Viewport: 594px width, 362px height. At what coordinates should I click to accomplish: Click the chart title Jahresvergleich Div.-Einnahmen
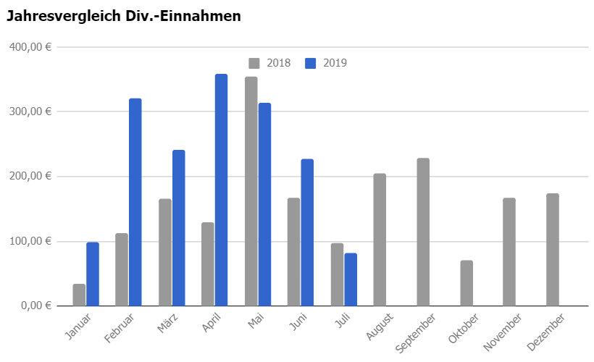pyautogui.click(x=124, y=16)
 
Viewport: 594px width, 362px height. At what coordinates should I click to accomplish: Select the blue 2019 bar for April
pyautogui.click(x=221, y=190)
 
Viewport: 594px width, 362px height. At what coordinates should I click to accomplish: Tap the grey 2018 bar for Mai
pyautogui.click(x=251, y=191)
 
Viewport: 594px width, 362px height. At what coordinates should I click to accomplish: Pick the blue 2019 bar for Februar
pyautogui.click(x=135, y=202)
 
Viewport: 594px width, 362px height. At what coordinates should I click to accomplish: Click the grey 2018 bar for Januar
pyautogui.click(x=79, y=295)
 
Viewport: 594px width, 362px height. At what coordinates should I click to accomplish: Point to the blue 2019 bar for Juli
pyautogui.click(x=351, y=279)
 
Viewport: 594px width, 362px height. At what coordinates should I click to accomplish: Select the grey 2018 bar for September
pyautogui.click(x=423, y=232)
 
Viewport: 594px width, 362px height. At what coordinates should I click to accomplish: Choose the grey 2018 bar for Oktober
pyautogui.click(x=467, y=283)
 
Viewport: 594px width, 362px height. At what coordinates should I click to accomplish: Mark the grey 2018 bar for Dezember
pyautogui.click(x=553, y=250)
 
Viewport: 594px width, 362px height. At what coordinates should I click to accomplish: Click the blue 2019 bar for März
pyautogui.click(x=179, y=228)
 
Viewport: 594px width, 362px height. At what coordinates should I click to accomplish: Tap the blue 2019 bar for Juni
pyautogui.click(x=307, y=232)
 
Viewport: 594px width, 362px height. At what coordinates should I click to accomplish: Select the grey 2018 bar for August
pyautogui.click(x=380, y=240)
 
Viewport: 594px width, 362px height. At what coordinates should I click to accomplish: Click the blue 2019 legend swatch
pyautogui.click(x=310, y=63)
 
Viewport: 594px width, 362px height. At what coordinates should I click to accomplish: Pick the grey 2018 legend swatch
pyautogui.click(x=254, y=63)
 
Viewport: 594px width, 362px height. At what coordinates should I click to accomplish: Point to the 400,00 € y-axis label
pyautogui.click(x=30, y=47)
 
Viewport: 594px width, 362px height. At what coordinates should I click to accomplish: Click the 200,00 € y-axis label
pyautogui.click(x=30, y=176)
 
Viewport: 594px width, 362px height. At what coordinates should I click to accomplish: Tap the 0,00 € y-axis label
pyautogui.click(x=36, y=306)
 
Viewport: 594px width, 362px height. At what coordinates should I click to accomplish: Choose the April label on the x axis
pyautogui.click(x=211, y=322)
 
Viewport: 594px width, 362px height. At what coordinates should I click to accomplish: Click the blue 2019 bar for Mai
pyautogui.click(x=265, y=204)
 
